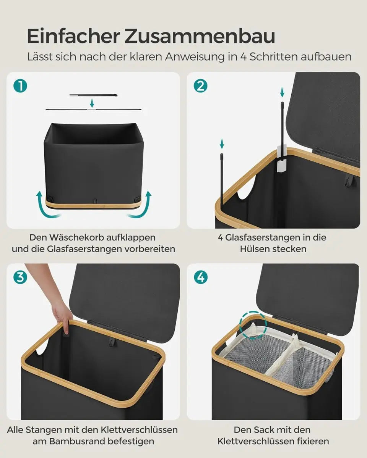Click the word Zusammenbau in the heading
coord(200,37)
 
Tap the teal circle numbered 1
coord(20,86)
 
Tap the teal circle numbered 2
coord(200,86)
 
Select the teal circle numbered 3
coord(20,277)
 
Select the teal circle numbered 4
coord(200,277)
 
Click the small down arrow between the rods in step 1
coord(92,103)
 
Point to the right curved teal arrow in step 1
coord(141,205)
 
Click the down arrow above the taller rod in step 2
coord(282,92)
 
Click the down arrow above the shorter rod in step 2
coord(222,144)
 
